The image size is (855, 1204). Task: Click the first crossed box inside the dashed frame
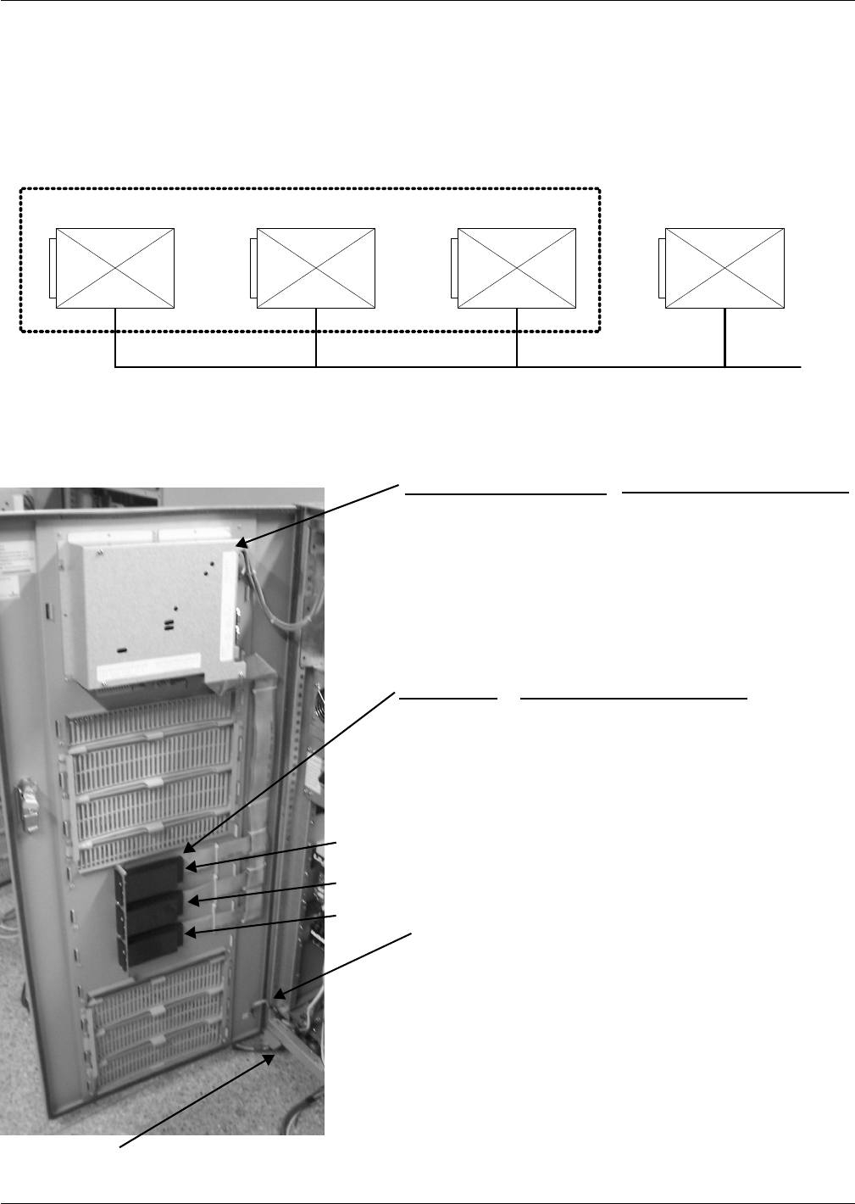[x=115, y=268]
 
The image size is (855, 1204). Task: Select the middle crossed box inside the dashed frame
[x=316, y=268]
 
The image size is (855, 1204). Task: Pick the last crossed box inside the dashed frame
[x=517, y=268]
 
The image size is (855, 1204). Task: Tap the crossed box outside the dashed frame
[x=725, y=268]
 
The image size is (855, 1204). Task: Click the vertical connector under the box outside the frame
[x=725, y=337]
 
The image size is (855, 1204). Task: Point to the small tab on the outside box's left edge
[x=663, y=268]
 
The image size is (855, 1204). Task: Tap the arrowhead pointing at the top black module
[x=192, y=866]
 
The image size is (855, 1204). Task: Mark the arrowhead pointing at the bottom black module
[x=190, y=933]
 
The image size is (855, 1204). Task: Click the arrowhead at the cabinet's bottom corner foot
[x=269, y=1056]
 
